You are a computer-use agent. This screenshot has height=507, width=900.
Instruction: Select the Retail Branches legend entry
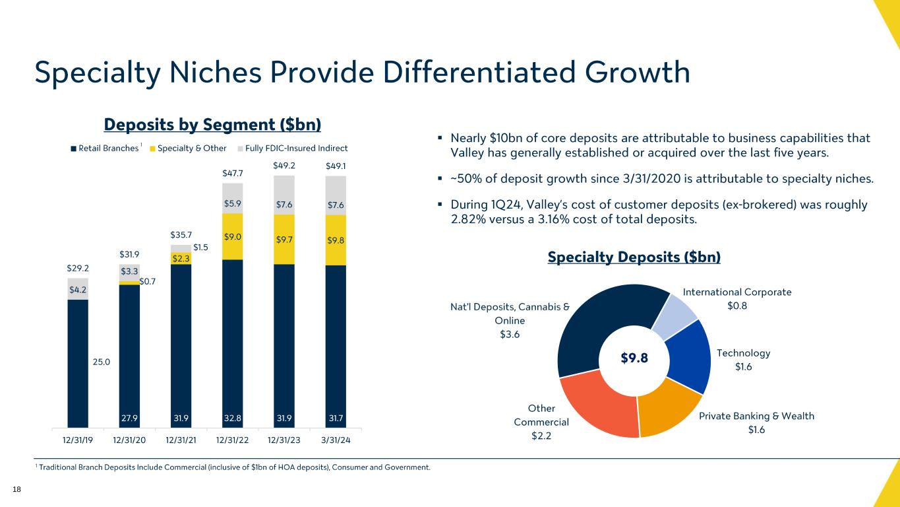[x=105, y=148]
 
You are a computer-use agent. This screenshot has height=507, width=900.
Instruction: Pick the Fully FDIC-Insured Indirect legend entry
[x=293, y=148]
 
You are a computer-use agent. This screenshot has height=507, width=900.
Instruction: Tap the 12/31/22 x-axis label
[x=233, y=440]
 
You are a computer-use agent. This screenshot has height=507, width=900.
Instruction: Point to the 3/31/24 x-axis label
[x=336, y=440]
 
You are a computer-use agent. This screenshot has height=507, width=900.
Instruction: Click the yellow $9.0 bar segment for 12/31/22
[x=233, y=236]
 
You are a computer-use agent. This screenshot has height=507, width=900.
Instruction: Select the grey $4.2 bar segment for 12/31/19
[x=78, y=288]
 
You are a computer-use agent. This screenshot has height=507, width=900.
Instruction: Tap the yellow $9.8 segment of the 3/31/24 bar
[x=336, y=240]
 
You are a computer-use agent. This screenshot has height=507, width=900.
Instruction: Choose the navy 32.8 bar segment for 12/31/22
[x=233, y=343]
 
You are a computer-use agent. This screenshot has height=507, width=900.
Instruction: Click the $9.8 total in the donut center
[x=634, y=358]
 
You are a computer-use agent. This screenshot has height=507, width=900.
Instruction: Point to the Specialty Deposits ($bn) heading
[x=634, y=257]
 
